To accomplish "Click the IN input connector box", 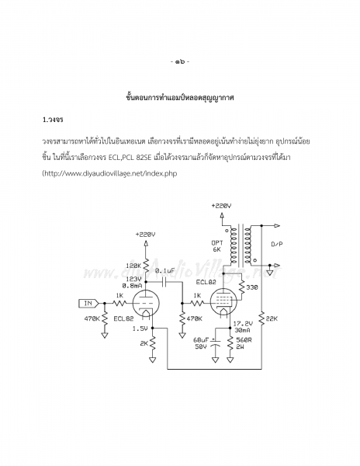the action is pos(88,304).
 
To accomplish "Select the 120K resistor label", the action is pos(133,266).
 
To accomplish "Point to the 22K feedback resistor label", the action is pos(272,318).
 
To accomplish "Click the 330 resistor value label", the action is pos(251,287).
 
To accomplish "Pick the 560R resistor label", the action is pos(244,340).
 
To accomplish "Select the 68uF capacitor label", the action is pos(201,340).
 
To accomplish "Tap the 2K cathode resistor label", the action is pos(144,343).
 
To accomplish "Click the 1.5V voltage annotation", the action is pos(140,329).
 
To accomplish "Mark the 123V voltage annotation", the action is pos(133,280).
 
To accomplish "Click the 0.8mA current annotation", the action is pos(132,286).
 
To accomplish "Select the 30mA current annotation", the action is pos(242,330).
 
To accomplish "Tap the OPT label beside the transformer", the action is pos(217,243).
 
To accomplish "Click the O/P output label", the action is pos(277,245).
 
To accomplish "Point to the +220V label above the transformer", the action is pos(221,206).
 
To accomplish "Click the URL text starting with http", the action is pos(110,173).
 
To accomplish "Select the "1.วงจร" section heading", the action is pos(53,120).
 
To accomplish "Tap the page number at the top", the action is pos(180,61).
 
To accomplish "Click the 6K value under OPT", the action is pos(216,249).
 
